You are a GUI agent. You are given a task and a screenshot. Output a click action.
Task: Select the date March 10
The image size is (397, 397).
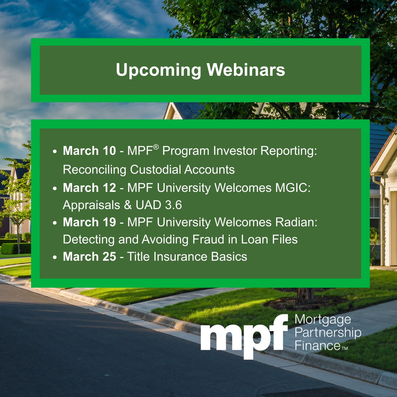(89, 151)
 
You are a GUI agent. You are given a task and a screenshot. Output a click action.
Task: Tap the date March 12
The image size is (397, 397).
(89, 188)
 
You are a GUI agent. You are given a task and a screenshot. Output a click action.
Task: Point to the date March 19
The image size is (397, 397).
(89, 222)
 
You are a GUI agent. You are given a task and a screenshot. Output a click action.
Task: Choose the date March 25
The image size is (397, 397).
(89, 257)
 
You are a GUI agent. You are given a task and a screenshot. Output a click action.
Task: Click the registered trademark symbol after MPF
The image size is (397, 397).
(156, 147)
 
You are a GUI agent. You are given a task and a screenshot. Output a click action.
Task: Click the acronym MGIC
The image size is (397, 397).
(293, 188)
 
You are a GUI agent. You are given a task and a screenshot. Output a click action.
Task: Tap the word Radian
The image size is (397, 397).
(296, 222)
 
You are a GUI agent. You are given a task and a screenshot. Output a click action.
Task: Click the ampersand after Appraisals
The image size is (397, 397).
(128, 205)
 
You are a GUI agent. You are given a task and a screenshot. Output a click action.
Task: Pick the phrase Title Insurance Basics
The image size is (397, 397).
(187, 257)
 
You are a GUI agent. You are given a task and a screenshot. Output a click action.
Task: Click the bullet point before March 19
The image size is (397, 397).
(55, 223)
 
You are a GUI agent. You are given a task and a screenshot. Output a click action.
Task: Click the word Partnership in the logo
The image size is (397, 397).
(328, 333)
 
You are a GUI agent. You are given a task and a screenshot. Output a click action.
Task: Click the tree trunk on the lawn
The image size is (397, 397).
(305, 295)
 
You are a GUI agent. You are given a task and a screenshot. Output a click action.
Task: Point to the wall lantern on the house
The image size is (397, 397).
(385, 200)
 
